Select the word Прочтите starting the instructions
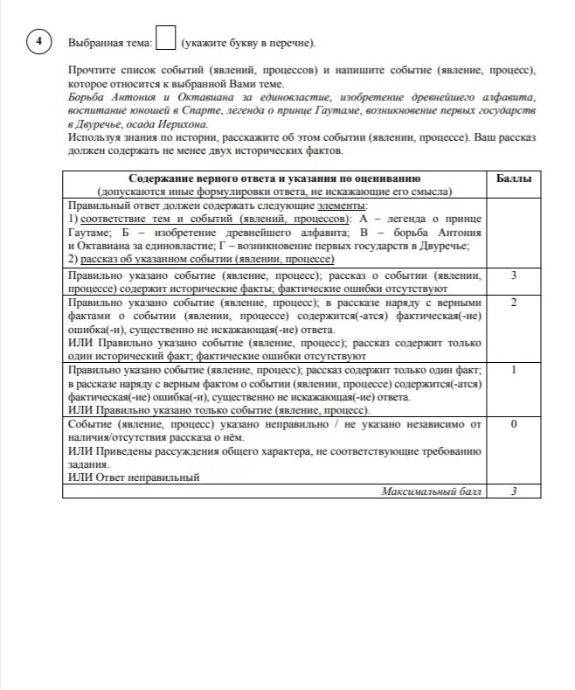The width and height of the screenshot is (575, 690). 90,68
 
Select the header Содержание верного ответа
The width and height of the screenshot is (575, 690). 275,179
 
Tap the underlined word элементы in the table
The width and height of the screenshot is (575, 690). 337,205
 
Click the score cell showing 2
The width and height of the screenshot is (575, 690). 514,303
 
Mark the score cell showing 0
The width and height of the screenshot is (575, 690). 514,425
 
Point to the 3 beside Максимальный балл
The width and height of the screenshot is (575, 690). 514,492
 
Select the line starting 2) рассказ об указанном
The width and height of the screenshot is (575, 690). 201,259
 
